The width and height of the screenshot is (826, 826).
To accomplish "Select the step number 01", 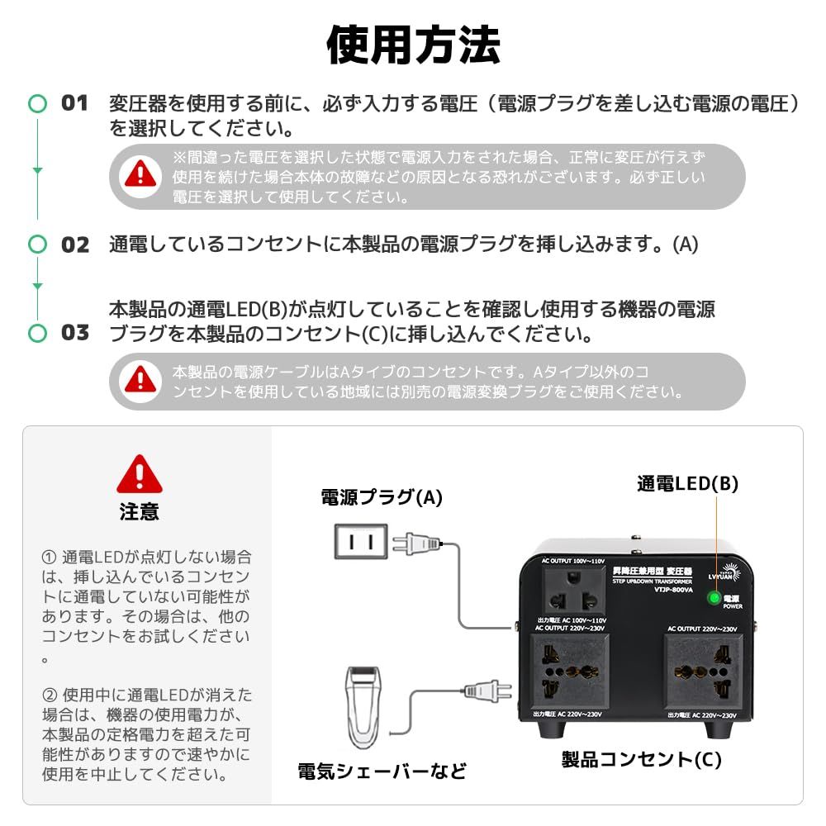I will coord(74,104).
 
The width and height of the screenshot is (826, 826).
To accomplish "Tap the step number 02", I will coord(74,244).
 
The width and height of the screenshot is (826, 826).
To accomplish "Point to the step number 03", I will coord(74,333).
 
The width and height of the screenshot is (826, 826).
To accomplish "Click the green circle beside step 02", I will coord(37,244).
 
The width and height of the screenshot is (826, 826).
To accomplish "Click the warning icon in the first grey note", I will coord(140,174).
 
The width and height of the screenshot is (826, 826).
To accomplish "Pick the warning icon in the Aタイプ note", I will coord(140,381).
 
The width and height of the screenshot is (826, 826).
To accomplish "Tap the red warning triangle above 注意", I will coord(140,475).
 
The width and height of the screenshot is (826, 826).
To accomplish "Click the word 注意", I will coord(140,511).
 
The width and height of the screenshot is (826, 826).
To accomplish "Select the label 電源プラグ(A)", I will coord(382,497).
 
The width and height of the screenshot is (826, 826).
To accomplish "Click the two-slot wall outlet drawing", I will coord(360,543).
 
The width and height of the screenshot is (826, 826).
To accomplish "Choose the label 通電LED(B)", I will coord(686,484).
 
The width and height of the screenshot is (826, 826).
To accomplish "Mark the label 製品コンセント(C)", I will coord(641,759).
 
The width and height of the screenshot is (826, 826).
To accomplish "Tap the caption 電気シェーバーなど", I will coord(382,771).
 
